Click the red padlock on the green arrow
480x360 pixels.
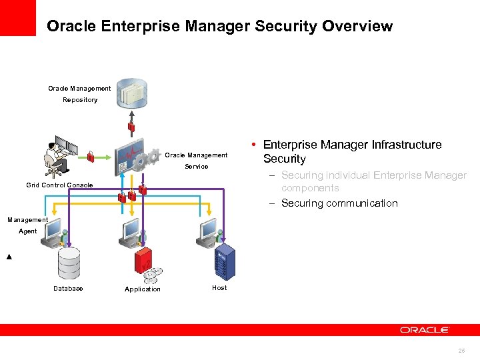click(91, 156)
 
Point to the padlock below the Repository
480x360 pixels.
click(132, 126)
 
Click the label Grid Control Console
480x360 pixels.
click(59, 185)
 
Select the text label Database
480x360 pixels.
click(68, 289)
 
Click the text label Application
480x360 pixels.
click(143, 289)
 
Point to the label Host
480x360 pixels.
click(219, 288)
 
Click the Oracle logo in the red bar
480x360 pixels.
click(425, 330)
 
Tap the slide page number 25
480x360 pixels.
click(461, 350)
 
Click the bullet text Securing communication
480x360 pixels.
click(339, 203)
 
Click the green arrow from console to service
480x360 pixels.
click(103, 157)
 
